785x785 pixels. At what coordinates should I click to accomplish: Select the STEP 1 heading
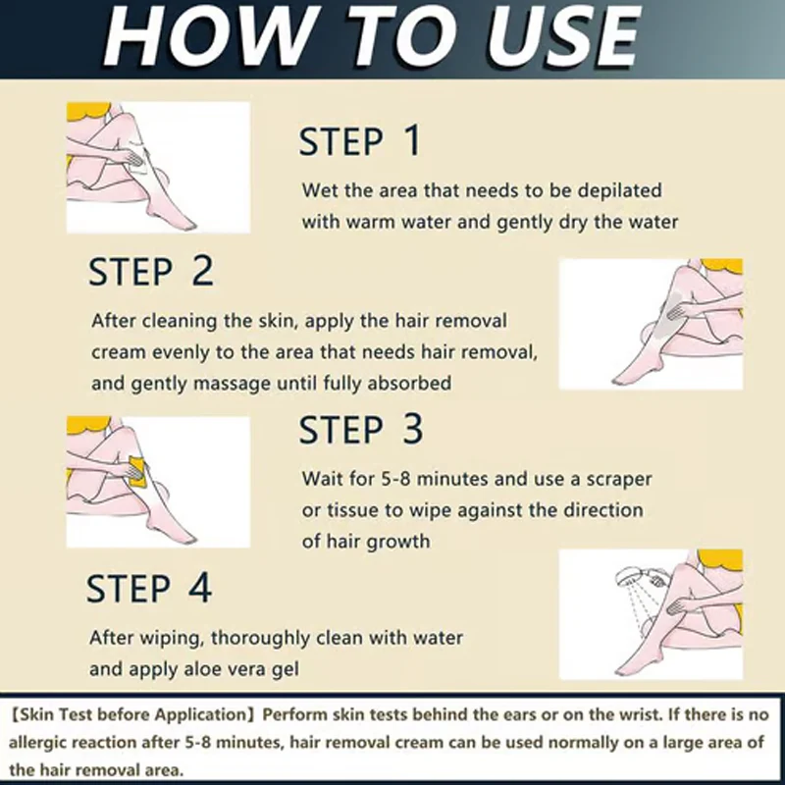pos(359,141)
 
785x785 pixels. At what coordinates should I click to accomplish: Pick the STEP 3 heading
pos(361,430)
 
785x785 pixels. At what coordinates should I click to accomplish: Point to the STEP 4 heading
pos(149,589)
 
